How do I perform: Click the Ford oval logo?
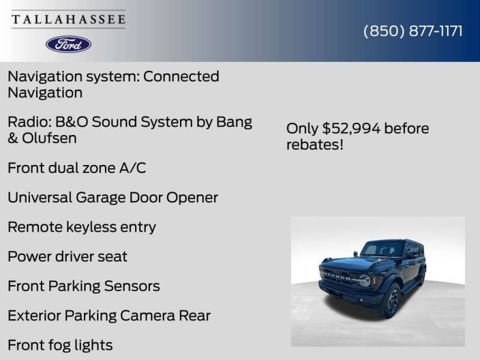(68, 44)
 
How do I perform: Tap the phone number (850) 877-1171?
(413, 31)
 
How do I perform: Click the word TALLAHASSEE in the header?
(68, 20)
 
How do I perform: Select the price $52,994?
(351, 128)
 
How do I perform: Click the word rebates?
(315, 145)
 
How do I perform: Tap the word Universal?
(40, 197)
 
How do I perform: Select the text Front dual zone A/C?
(77, 168)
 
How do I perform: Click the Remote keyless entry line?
(82, 227)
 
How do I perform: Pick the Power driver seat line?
(67, 256)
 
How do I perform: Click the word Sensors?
(133, 286)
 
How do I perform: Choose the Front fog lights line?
(60, 345)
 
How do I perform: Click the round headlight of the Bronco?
(364, 280)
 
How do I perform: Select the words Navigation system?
(73, 77)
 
